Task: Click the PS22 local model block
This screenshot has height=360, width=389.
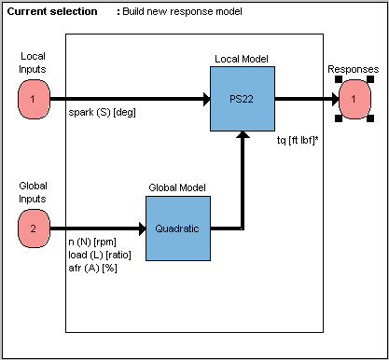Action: pyautogui.click(x=243, y=98)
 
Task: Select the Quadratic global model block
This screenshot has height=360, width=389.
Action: pyautogui.click(x=177, y=227)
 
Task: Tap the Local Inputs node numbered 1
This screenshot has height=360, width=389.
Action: pyautogui.click(x=33, y=98)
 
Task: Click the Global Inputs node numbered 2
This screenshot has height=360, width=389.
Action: pyautogui.click(x=33, y=227)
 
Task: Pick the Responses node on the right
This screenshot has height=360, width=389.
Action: pyautogui.click(x=354, y=98)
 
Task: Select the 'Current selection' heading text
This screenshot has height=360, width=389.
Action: pyautogui.click(x=51, y=11)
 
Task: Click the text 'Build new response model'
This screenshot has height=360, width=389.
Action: pyautogui.click(x=183, y=11)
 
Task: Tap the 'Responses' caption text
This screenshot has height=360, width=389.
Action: pyautogui.click(x=354, y=69)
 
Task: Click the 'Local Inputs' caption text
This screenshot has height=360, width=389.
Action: pyautogui.click(x=33, y=63)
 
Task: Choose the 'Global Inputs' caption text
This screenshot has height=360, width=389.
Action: pyautogui.click(x=33, y=192)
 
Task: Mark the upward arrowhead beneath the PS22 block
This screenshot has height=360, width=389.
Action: pyautogui.click(x=243, y=136)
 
